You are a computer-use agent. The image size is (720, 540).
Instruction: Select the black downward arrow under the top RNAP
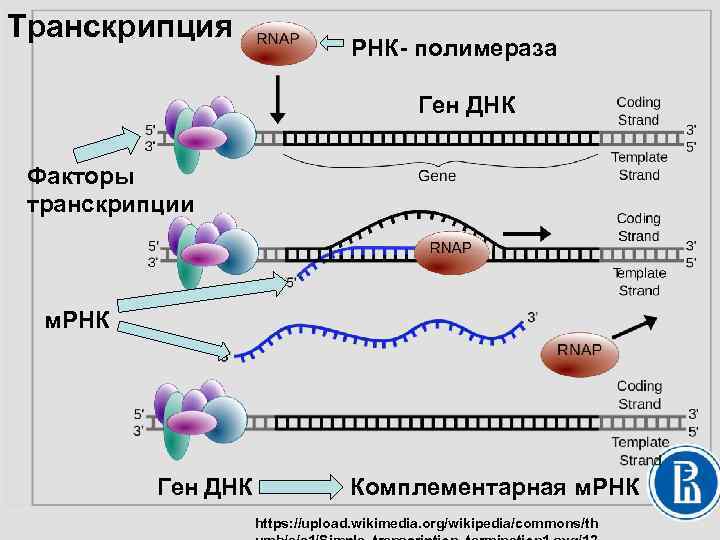(x=278, y=101)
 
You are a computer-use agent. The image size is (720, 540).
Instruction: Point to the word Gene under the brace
(x=436, y=175)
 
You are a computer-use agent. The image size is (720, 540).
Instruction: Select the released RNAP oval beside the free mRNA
(x=579, y=350)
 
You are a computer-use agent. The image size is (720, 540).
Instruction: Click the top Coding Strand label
(x=638, y=111)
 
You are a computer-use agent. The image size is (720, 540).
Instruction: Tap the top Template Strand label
(x=639, y=166)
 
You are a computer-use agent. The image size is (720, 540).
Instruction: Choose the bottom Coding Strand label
(x=639, y=395)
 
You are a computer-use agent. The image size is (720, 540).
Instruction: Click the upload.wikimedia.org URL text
(x=426, y=522)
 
